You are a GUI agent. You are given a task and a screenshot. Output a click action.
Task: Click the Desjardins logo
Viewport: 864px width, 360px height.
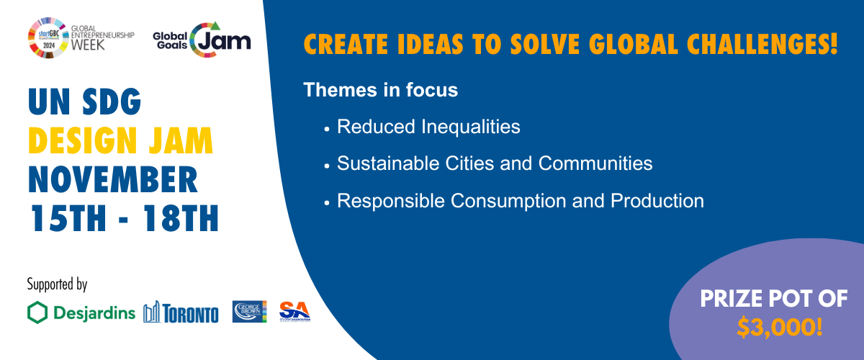(81, 312)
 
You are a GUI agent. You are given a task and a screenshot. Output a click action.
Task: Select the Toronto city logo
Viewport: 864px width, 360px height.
(181, 312)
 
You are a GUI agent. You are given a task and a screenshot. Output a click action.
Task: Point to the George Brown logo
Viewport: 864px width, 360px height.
(249, 312)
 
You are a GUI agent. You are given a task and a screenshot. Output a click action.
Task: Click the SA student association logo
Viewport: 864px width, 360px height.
(294, 311)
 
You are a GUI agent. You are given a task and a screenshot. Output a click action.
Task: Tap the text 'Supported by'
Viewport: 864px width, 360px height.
(57, 284)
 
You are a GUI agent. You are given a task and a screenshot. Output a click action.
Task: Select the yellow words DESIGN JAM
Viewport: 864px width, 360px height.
(120, 142)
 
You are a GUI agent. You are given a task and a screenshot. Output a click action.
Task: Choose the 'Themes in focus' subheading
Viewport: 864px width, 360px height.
(381, 91)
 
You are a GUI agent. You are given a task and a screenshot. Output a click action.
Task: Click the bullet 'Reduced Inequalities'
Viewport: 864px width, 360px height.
(428, 127)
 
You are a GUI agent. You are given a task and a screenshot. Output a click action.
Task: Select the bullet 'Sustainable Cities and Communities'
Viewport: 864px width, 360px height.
(495, 163)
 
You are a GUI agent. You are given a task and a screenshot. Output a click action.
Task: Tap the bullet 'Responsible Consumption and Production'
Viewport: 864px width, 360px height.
(520, 201)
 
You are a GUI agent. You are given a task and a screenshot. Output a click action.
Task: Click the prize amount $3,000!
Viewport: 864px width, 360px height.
(780, 328)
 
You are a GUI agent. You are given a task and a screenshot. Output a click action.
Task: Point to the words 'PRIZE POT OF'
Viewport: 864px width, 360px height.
(774, 297)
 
